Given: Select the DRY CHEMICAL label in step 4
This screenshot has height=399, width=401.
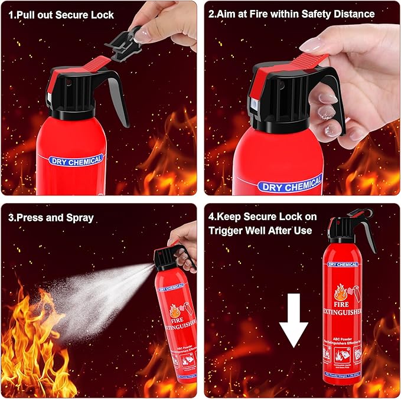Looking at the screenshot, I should click(344, 265).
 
